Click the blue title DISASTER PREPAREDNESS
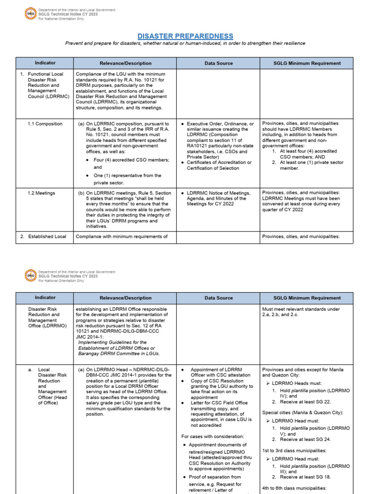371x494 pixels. pos(185,36)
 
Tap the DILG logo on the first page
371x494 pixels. pos(30,14)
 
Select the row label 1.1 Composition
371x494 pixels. pos(45,124)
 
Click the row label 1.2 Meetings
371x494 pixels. pos(42,193)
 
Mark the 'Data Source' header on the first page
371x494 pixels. pos(218,63)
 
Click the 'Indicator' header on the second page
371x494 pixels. pos(45,298)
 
